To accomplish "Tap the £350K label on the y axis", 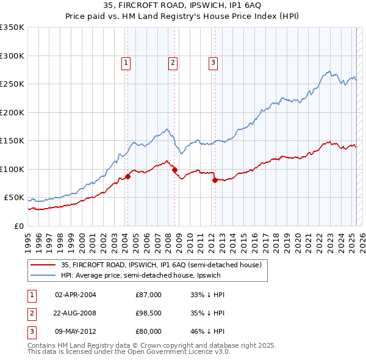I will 12,27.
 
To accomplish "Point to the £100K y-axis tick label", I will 12,169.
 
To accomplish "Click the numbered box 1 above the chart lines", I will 126,62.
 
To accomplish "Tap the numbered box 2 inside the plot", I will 173,62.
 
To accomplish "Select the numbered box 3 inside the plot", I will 213,62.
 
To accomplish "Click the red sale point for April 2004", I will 128,177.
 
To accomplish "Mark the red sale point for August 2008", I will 175,170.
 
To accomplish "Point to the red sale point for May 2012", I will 215,181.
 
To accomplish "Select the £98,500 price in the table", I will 149,313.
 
